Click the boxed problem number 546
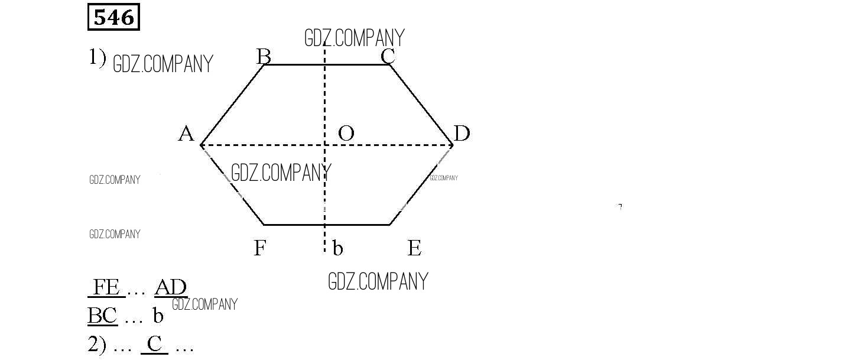click(113, 18)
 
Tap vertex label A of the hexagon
click(186, 134)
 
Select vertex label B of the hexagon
click(264, 57)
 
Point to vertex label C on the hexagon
click(388, 57)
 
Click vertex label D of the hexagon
click(462, 134)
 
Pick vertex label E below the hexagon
click(414, 248)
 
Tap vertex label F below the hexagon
click(259, 248)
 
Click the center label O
click(346, 134)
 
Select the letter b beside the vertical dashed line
click(337, 248)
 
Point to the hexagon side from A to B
click(232, 105)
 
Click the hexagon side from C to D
click(421, 105)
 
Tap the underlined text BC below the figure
click(103, 316)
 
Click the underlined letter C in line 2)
click(154, 343)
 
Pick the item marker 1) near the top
click(98, 57)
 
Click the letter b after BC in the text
click(158, 316)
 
